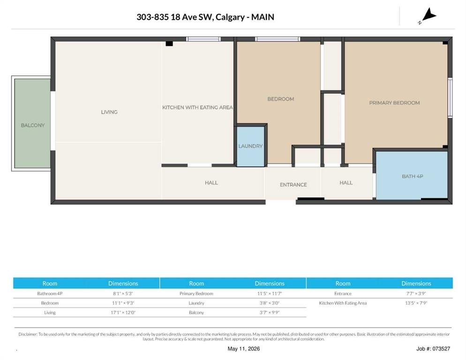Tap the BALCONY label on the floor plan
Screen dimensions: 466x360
pyautogui.click(x=33, y=125)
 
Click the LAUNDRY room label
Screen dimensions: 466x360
pyautogui.click(x=250, y=146)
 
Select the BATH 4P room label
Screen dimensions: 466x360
pyautogui.click(x=413, y=176)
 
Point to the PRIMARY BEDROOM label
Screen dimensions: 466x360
pyautogui.click(x=394, y=103)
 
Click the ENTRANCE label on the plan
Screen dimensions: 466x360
pyautogui.click(x=293, y=185)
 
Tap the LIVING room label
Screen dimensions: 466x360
pyautogui.click(x=109, y=112)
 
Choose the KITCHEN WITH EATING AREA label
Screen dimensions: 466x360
pyautogui.click(x=197, y=107)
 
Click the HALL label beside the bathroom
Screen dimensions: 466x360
pyautogui.click(x=346, y=182)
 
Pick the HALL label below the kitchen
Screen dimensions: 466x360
pyautogui.click(x=211, y=182)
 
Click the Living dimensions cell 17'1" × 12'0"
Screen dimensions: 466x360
pyautogui.click(x=123, y=313)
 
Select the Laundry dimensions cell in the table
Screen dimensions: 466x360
pyautogui.click(x=270, y=303)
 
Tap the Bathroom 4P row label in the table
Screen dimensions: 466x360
pyautogui.click(x=50, y=293)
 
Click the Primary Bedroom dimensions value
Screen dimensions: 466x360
pyautogui.click(x=270, y=293)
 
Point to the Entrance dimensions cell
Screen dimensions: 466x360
pyautogui.click(x=416, y=293)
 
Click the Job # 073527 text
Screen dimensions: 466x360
pyautogui.click(x=433, y=349)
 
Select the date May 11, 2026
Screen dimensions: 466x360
pyautogui.click(x=244, y=349)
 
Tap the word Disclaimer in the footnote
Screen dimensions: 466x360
pyautogui.click(x=28, y=334)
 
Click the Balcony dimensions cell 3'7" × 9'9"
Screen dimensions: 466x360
pyautogui.click(x=270, y=313)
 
